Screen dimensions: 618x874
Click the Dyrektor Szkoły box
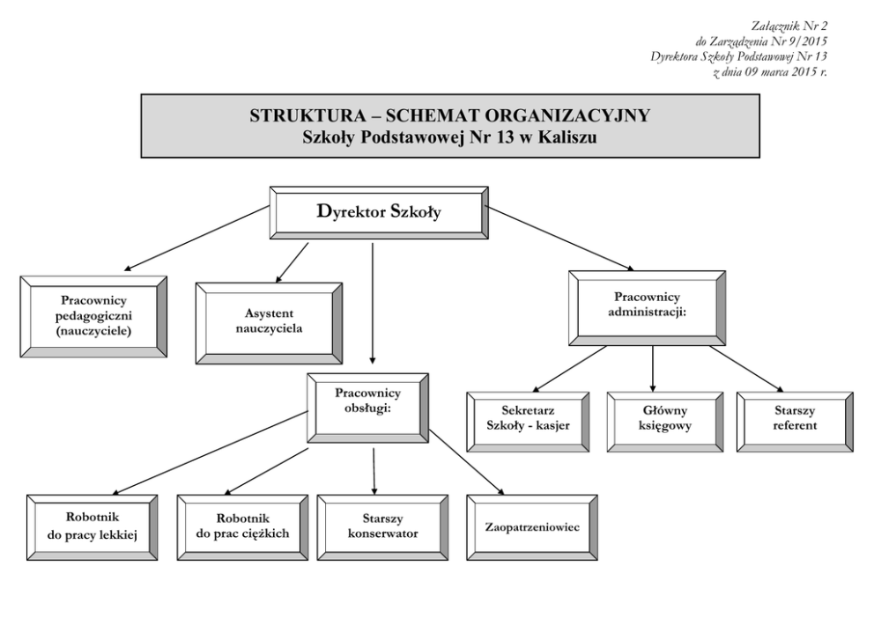(379, 212)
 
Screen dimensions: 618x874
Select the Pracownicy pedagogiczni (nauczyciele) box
(93, 316)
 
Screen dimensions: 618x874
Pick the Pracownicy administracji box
(647, 307)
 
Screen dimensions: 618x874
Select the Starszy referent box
(795, 418)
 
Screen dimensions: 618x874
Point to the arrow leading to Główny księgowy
(653, 368)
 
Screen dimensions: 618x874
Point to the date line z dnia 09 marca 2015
(769, 70)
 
